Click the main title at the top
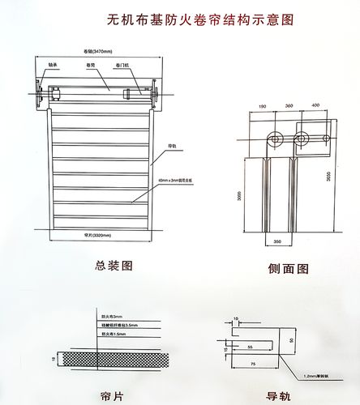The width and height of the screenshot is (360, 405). [x=190, y=17]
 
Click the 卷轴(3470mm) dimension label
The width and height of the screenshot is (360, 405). [x=99, y=50]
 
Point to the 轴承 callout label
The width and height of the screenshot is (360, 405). [x=53, y=62]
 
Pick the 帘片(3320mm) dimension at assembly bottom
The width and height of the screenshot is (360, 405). [x=97, y=236]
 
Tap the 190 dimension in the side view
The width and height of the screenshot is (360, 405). [x=262, y=106]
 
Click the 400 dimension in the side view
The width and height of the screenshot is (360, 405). [x=315, y=106]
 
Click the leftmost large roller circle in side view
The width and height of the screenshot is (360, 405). [x=278, y=139]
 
